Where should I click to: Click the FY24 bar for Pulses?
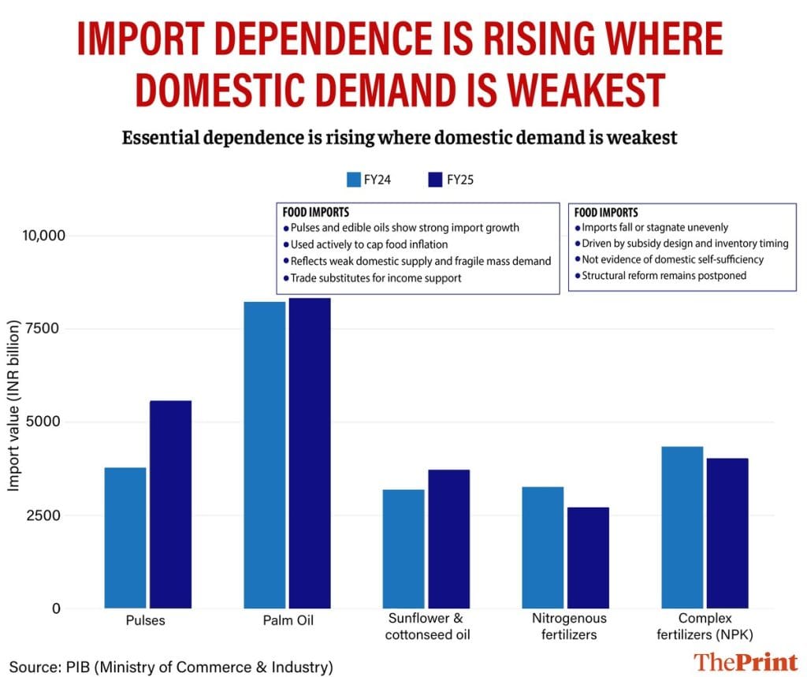[x=125, y=538]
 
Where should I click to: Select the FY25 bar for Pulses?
[x=170, y=504]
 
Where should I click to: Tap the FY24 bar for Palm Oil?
[x=265, y=455]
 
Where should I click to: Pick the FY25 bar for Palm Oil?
[x=310, y=453]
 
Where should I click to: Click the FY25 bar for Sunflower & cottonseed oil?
[x=448, y=538]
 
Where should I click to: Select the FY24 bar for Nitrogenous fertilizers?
[x=543, y=547]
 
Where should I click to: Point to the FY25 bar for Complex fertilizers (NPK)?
[x=727, y=533]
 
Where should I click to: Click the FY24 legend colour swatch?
[x=354, y=179]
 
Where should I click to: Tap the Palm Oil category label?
[x=288, y=620]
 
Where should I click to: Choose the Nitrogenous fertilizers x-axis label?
[x=565, y=627]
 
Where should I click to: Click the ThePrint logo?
[x=746, y=661]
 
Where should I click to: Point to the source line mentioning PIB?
[x=171, y=667]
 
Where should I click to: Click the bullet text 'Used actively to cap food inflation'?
[x=369, y=244]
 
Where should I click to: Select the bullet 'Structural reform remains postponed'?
[x=664, y=276]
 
